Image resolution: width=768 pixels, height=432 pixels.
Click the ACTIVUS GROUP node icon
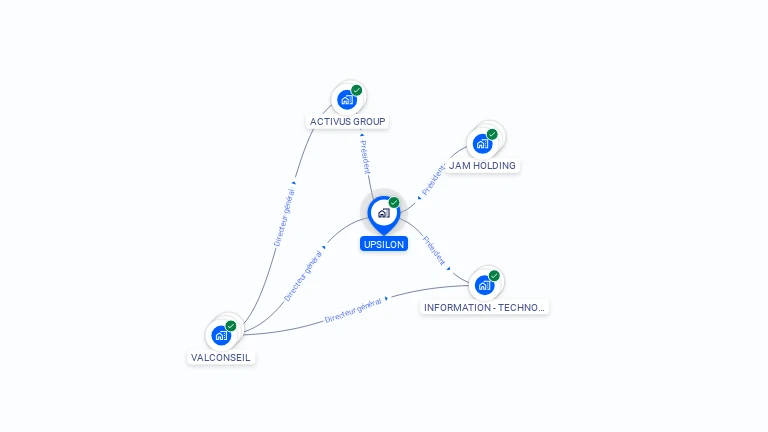coord(346,99)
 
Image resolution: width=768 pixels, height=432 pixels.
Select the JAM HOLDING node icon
coord(482,143)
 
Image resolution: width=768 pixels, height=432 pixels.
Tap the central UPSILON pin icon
coord(383,213)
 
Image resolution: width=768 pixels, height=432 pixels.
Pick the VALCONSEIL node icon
coord(221,335)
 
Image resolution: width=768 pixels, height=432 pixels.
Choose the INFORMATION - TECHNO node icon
coord(484,285)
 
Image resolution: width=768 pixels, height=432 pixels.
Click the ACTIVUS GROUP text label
coord(347,122)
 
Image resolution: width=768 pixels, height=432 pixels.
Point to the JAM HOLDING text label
coord(482,165)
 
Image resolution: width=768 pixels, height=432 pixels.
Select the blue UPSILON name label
coord(384,244)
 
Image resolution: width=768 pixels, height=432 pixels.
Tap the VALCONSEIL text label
coord(221,357)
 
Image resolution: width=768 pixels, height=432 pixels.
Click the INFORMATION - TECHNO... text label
coord(485,307)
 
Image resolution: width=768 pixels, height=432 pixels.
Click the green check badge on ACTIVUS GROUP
coord(357,90)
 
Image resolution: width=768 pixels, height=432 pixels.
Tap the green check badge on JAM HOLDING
coord(492,134)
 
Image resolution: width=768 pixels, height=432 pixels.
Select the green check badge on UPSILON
coord(394,202)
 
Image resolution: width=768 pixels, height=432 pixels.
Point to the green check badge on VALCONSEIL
coord(231,326)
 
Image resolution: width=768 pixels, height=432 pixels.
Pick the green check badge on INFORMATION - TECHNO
coord(494,276)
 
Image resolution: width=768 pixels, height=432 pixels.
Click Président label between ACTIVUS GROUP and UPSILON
coord(365,157)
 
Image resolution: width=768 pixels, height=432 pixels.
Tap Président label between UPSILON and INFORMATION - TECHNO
coord(435,249)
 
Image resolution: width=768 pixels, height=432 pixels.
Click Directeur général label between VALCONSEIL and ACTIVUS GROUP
coord(284,216)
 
